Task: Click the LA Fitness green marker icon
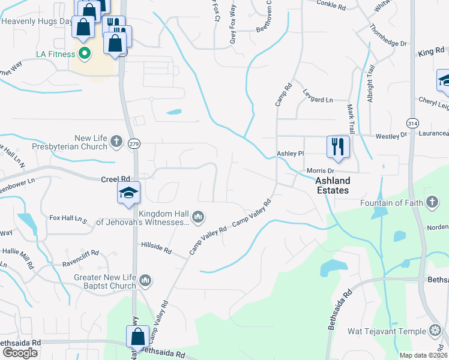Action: (85, 53)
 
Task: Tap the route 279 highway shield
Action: (134, 144)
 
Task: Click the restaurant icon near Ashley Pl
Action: (338, 146)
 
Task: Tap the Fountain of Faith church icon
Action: (432, 203)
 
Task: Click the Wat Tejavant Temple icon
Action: (436, 331)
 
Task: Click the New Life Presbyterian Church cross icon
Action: (116, 142)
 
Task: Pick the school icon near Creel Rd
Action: (128, 193)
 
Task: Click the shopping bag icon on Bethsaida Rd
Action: (137, 338)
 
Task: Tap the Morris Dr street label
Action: (320, 171)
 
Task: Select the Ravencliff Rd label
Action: (81, 263)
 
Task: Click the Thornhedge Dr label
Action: (388, 35)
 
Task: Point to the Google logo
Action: (20, 353)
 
